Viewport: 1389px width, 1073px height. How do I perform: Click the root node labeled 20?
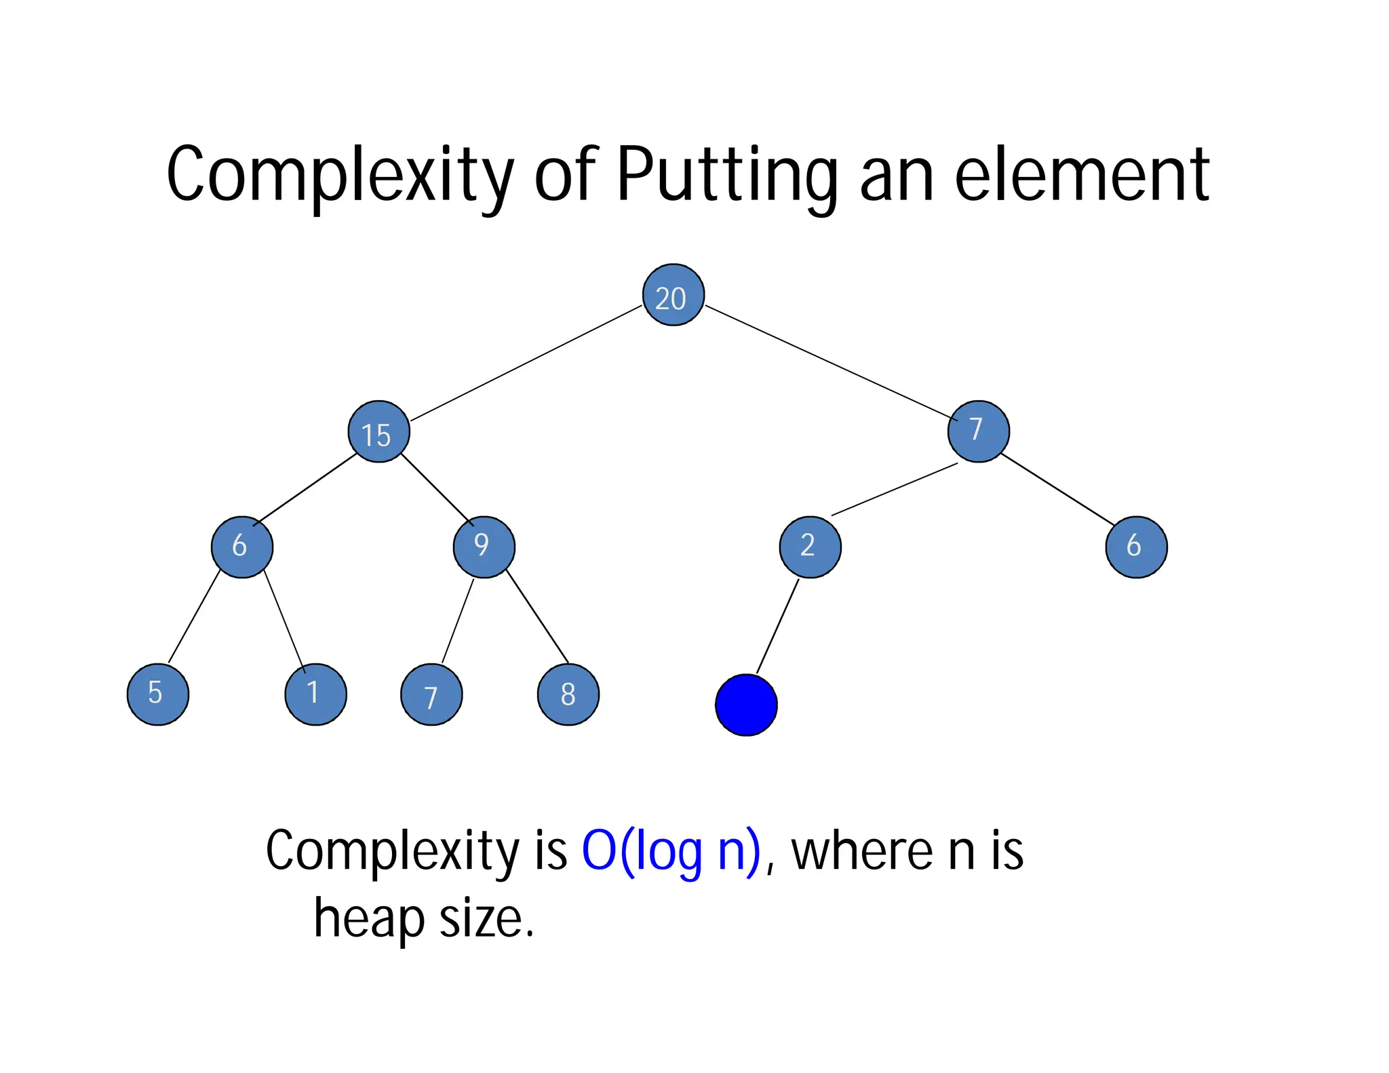(673, 295)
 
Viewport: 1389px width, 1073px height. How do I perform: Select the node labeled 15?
(378, 432)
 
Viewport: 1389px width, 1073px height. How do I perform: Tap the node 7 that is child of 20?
(978, 431)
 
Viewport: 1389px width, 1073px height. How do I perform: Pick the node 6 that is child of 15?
(242, 547)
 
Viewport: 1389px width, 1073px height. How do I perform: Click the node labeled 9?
(484, 547)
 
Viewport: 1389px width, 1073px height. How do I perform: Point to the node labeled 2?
(810, 547)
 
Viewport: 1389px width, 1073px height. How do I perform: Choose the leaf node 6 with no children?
(1136, 547)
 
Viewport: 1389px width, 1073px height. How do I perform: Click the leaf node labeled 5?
(158, 695)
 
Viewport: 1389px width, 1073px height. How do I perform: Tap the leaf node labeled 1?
(315, 695)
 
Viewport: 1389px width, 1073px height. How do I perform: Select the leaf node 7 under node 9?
(431, 695)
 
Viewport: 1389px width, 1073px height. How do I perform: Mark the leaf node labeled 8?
(568, 695)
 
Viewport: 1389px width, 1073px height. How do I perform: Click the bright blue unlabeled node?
(746, 705)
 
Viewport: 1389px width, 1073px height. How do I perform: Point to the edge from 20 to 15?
(526, 364)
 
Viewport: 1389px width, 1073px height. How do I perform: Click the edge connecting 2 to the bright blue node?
(778, 625)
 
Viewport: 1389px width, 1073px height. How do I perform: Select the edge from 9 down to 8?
(537, 617)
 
